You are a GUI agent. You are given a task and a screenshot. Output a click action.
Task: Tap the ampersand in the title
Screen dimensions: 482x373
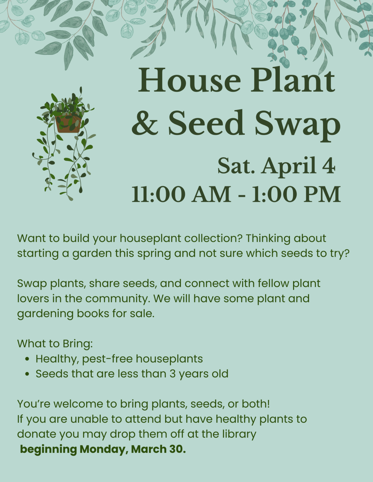pos(145,123)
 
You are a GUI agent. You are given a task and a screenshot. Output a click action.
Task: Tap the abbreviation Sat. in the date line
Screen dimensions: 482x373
pos(236,166)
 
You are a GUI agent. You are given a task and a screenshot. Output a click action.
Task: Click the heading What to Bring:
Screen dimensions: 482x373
pos(55,344)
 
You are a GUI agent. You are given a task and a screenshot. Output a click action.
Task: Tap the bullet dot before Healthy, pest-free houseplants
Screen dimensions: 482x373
pos(28,359)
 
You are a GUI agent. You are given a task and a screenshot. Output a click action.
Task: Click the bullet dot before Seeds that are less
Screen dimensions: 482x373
pos(28,374)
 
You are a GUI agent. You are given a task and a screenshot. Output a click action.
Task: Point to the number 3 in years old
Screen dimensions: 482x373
pos(173,374)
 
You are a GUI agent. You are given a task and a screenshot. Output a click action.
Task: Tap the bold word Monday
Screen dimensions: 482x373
pos(104,449)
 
